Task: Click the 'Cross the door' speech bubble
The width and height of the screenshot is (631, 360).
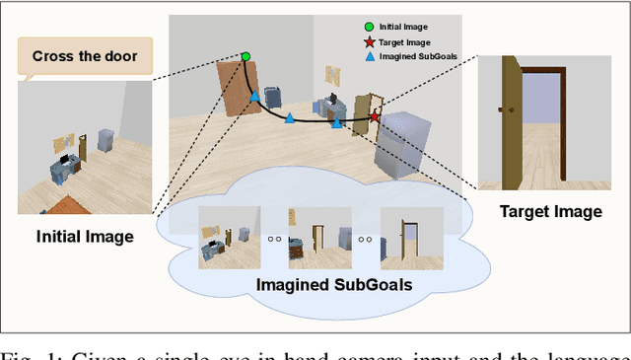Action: pos(85,57)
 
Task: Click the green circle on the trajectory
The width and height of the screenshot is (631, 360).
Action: pos(245,57)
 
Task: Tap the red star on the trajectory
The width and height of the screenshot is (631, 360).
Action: pos(375,117)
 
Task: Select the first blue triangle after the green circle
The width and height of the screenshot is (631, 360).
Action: pos(254,96)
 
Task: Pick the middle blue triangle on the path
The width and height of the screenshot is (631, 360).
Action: pos(290,118)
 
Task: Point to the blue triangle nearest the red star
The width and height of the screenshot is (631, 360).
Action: pos(337,122)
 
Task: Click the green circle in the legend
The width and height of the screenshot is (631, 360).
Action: pos(368,27)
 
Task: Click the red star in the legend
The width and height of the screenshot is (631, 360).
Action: pos(368,42)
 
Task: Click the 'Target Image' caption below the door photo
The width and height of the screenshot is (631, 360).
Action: pos(550,211)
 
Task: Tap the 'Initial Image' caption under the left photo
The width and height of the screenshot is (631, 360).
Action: pos(85,236)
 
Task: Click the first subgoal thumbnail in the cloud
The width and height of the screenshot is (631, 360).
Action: pos(229,238)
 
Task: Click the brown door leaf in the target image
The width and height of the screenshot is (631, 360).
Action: pos(510,123)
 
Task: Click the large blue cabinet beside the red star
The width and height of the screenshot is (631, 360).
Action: pos(403,144)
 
